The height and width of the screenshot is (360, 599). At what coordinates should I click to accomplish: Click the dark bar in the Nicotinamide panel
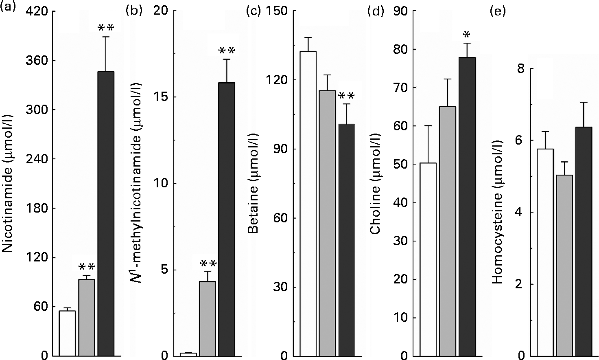pos(106,213)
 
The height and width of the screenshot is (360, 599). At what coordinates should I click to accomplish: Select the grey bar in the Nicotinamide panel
pos(86,317)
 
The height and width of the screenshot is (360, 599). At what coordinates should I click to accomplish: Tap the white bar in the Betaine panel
pos(308,204)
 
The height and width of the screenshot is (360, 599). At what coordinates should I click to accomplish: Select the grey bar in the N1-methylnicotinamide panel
pos(208,318)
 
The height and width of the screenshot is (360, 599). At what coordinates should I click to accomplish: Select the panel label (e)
pos(497,11)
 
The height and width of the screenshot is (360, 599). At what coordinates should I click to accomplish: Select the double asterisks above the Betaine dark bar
pos(346,96)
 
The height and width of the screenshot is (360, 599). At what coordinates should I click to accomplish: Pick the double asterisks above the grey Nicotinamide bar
pos(86,267)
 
